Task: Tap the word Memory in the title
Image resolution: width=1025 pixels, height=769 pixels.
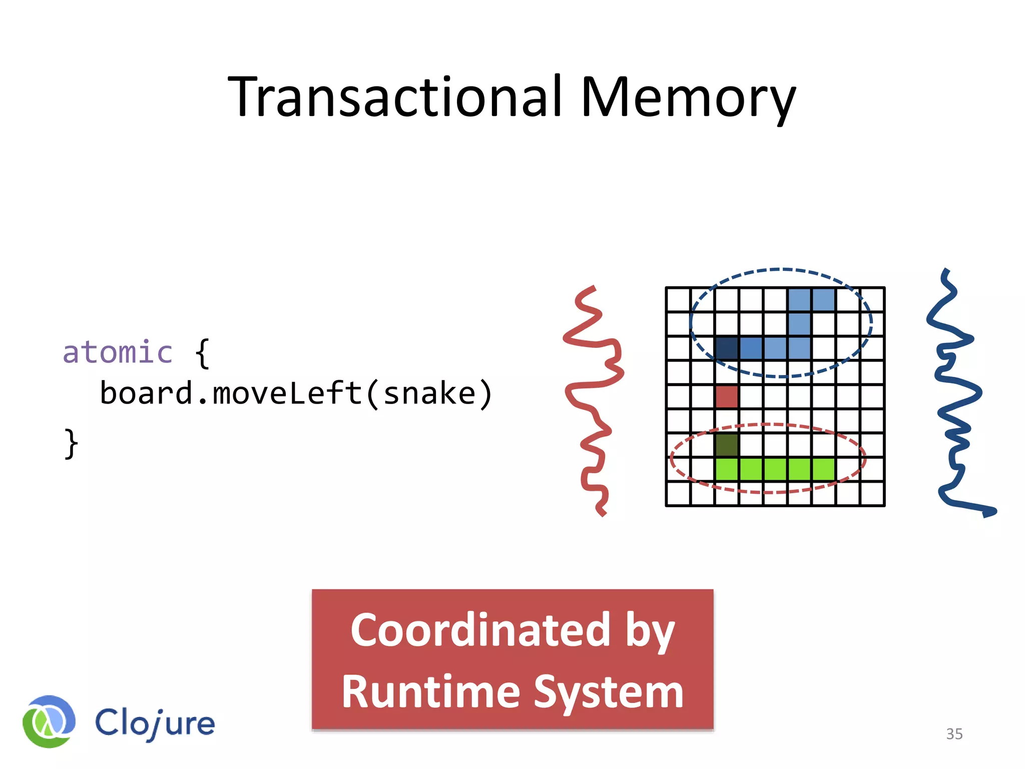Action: [x=688, y=98]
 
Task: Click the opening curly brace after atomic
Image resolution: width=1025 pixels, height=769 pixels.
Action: [x=202, y=353]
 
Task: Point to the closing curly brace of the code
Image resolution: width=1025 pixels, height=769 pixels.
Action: [x=71, y=443]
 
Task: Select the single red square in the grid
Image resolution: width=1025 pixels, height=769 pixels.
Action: [x=727, y=397]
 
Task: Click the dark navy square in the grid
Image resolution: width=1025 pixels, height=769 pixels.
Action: [x=727, y=348]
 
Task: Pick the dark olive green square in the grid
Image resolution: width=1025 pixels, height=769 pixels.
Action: [x=727, y=445]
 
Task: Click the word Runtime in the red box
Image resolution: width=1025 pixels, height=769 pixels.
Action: [x=430, y=692]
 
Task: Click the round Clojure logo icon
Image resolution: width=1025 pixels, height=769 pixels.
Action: [x=49, y=721]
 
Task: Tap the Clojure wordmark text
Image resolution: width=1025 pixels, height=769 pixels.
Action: [x=155, y=723]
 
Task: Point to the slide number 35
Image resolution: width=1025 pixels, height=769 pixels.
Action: [x=954, y=734]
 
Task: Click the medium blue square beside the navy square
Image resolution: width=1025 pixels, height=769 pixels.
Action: [x=751, y=348]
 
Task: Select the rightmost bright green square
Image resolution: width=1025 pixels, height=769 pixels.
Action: [x=823, y=470]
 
